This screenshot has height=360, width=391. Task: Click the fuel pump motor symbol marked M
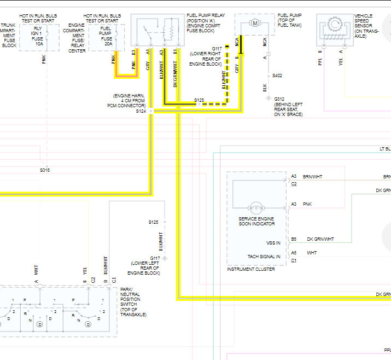coord(254,23)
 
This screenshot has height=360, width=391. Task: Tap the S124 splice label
coord(141,111)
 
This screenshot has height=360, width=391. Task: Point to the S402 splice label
coord(278,76)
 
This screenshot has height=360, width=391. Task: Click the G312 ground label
coord(280,99)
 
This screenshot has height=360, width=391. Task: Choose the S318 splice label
coord(44,170)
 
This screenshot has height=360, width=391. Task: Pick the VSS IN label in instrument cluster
coord(273,243)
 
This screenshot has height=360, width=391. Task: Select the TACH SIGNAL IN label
coord(264,256)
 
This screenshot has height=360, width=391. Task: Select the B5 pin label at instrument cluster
coord(294,239)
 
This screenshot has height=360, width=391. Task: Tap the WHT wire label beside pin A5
coord(312,253)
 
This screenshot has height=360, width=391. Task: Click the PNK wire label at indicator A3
coord(307,204)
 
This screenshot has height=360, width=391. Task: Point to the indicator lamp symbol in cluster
coord(255,208)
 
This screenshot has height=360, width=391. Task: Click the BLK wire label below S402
coord(264,88)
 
